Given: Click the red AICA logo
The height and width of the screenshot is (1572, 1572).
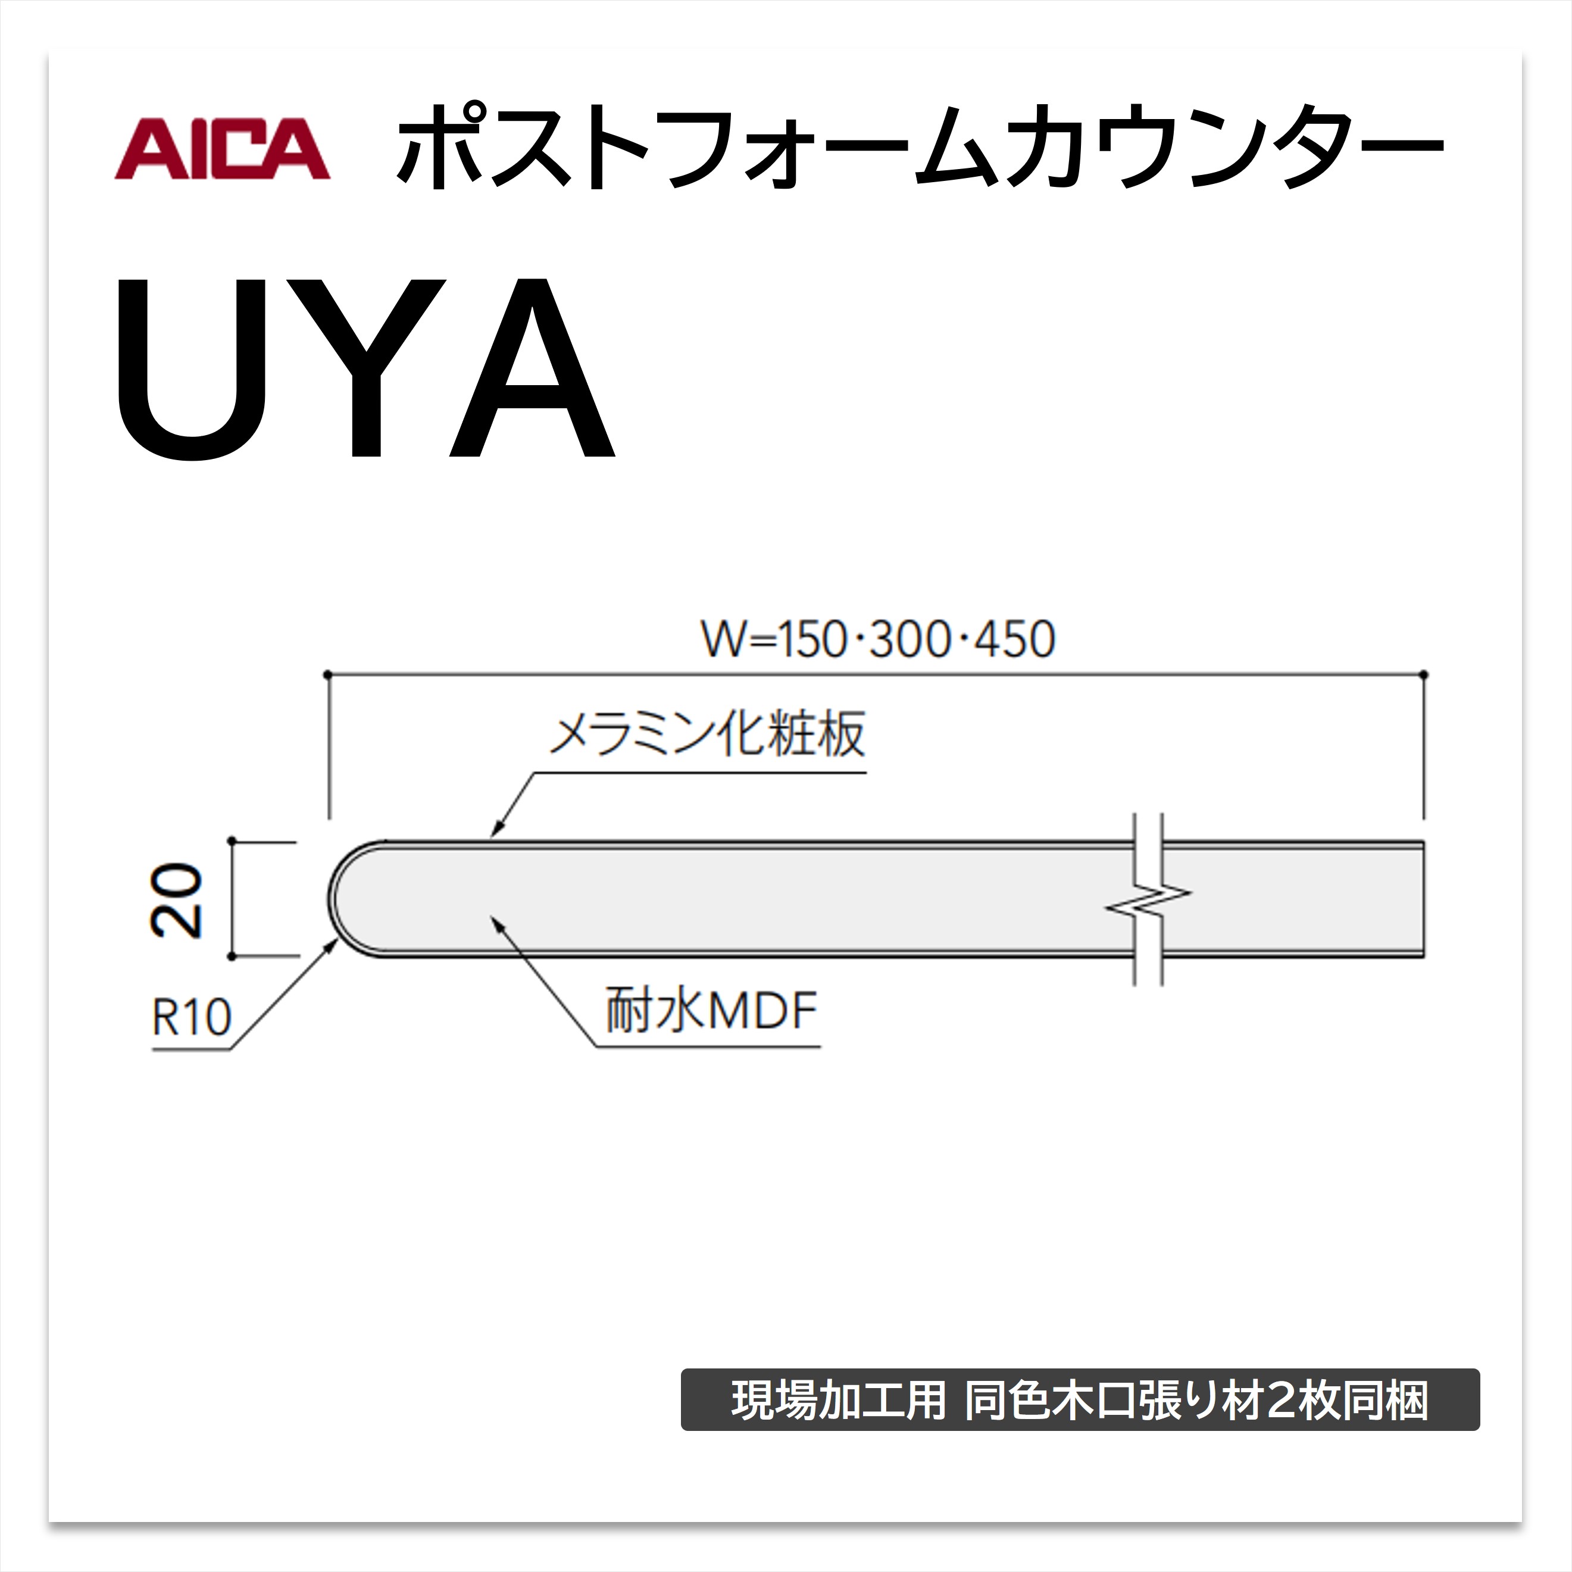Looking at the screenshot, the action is [222, 149].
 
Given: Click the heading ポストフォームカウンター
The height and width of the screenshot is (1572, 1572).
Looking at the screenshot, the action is [920, 147].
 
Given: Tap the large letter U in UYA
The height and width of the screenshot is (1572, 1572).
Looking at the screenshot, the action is [192, 370].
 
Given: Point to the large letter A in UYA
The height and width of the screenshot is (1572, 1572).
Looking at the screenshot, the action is [533, 368].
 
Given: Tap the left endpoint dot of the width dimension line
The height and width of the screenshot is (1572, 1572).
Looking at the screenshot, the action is [327, 674].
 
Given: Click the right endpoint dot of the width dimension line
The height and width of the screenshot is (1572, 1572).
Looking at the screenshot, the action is [1424, 674].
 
